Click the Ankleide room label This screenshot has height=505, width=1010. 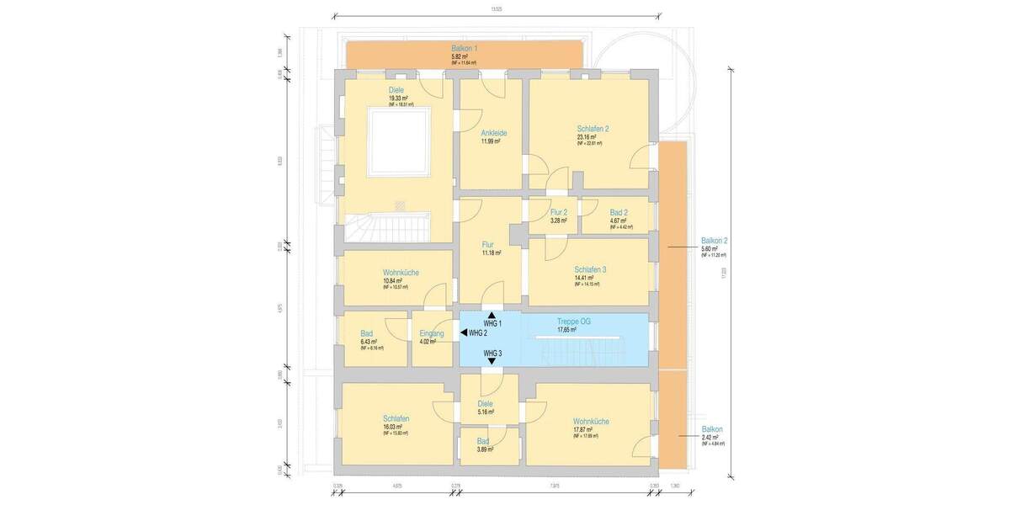[x=493, y=133]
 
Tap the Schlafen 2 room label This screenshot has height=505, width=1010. [x=593, y=129]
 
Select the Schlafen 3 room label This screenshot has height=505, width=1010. [x=589, y=269]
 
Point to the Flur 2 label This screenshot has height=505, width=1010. [x=559, y=213]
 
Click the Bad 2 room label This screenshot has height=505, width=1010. [x=619, y=213]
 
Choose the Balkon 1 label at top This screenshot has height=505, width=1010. [x=464, y=49]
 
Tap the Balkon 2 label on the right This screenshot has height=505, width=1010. [x=714, y=241]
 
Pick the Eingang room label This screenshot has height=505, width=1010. [x=431, y=334]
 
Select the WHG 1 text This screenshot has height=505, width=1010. [x=492, y=324]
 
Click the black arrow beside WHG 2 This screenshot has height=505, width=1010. [x=463, y=333]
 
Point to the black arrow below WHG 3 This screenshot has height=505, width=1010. [x=492, y=361]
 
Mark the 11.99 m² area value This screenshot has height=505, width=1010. [x=490, y=141]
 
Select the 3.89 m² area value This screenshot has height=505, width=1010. [x=484, y=449]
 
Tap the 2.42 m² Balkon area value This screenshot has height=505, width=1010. [x=711, y=437]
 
